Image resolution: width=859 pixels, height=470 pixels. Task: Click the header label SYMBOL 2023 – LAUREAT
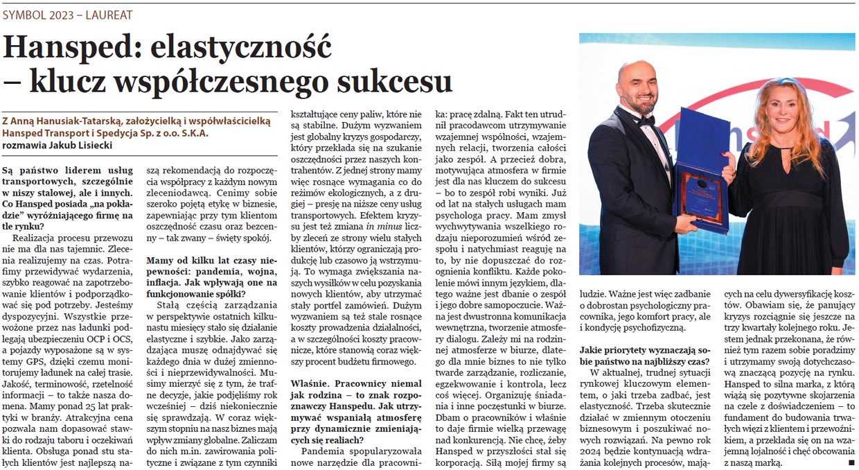pos(68,14)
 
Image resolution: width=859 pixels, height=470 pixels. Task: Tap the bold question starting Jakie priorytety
pos(644,356)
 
